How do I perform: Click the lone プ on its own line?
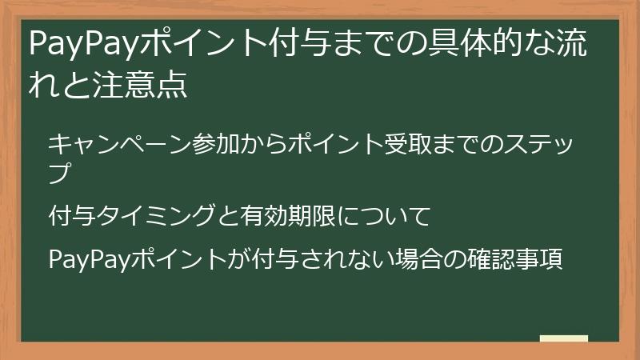(x=58, y=171)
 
